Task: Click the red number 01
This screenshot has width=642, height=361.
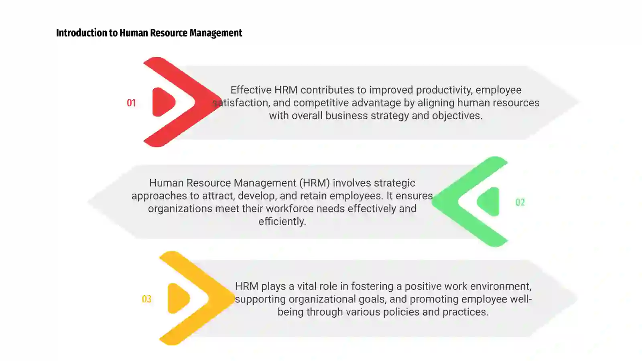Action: (131, 103)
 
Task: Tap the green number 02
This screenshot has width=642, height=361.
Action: (520, 202)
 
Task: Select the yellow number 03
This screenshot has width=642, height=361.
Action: (146, 299)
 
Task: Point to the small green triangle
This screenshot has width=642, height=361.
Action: (488, 202)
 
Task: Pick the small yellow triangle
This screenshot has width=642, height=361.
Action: (179, 298)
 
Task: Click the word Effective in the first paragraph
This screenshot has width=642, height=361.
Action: (251, 90)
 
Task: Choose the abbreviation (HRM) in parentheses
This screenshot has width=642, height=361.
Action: (315, 183)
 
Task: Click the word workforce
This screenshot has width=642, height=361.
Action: (289, 209)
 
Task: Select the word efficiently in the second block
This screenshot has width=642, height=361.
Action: (282, 222)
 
